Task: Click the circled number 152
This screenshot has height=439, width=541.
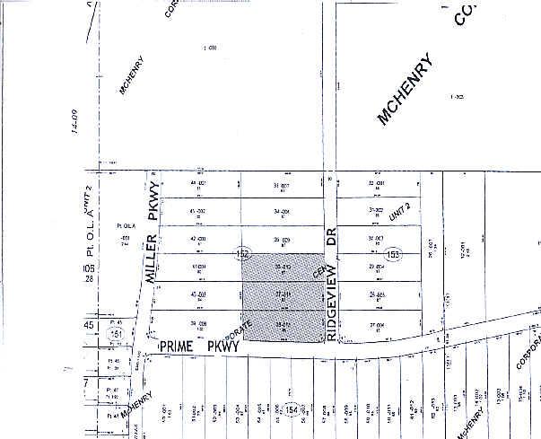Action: [x=242, y=255]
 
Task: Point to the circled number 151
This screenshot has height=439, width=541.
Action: [x=114, y=334]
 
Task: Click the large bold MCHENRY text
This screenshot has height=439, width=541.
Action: [x=405, y=90]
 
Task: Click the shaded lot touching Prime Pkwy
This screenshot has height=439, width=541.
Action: [x=282, y=328]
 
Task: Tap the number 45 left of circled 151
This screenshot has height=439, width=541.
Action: [x=88, y=325]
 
